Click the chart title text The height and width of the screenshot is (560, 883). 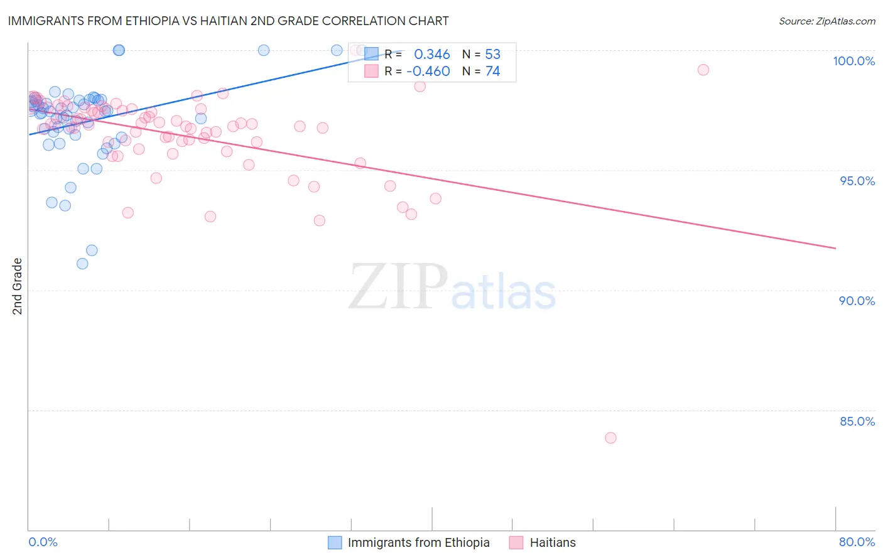(x=228, y=21)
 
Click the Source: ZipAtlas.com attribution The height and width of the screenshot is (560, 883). (x=826, y=21)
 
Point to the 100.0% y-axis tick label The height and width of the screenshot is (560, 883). (x=853, y=61)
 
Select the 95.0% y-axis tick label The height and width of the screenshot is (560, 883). (x=857, y=181)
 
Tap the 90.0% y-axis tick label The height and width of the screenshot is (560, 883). (x=857, y=301)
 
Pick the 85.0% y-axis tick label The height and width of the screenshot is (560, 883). (x=857, y=421)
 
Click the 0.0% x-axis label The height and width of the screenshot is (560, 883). (x=43, y=542)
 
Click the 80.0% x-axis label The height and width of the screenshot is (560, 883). (x=857, y=542)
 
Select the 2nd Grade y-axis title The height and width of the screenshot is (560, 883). (x=18, y=286)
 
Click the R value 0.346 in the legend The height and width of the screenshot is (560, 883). (x=431, y=55)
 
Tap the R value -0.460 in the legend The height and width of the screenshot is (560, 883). (x=428, y=72)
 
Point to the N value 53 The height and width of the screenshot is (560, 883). (x=492, y=55)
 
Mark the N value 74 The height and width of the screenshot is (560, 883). (x=492, y=72)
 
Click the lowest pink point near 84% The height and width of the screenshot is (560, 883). (x=610, y=438)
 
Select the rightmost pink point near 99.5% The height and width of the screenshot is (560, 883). (x=703, y=70)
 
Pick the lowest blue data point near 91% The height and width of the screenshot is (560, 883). (x=82, y=264)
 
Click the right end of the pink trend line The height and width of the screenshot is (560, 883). (x=835, y=249)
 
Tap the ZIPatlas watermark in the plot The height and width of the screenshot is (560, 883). (x=452, y=288)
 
